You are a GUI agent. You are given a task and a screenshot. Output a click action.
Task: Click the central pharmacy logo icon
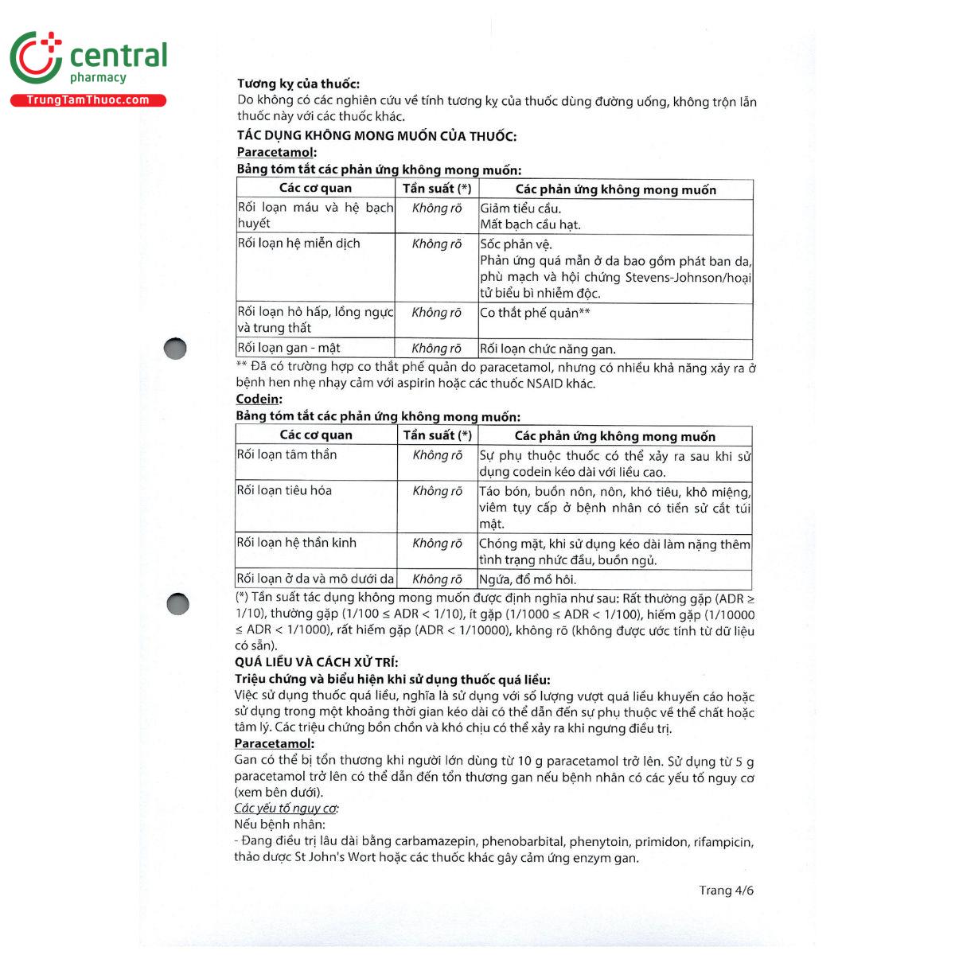[36, 57]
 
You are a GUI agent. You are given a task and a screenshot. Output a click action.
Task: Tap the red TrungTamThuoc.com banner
[88, 100]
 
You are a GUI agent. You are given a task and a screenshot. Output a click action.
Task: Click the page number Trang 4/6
[726, 890]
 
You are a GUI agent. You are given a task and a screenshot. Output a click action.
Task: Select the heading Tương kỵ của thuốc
[298, 84]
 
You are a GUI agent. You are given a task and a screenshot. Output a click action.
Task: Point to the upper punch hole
[175, 349]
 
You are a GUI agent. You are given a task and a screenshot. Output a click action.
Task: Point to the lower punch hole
[177, 604]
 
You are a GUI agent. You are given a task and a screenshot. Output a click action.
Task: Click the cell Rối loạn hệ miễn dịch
[299, 244]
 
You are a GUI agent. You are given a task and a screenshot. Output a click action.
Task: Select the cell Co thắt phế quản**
[535, 313]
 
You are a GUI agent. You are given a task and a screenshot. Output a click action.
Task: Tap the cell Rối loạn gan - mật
[289, 348]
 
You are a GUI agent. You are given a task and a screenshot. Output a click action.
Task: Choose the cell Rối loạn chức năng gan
[548, 349]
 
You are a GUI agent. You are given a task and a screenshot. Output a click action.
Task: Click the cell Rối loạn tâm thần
[287, 454]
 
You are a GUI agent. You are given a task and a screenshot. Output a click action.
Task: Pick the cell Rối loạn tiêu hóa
[284, 490]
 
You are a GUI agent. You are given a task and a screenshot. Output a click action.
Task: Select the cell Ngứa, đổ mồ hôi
[528, 579]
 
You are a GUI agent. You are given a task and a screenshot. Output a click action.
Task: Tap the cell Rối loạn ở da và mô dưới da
[315, 579]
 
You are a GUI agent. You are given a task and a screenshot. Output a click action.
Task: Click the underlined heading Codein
[258, 399]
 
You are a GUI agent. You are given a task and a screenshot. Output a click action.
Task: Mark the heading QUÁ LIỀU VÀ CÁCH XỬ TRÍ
[316, 662]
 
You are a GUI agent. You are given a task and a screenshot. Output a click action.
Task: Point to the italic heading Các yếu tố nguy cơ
[286, 809]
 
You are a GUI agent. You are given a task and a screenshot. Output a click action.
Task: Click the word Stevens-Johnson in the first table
[671, 278]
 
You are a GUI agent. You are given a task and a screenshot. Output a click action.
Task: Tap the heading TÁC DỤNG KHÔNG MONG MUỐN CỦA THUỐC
[376, 135]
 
